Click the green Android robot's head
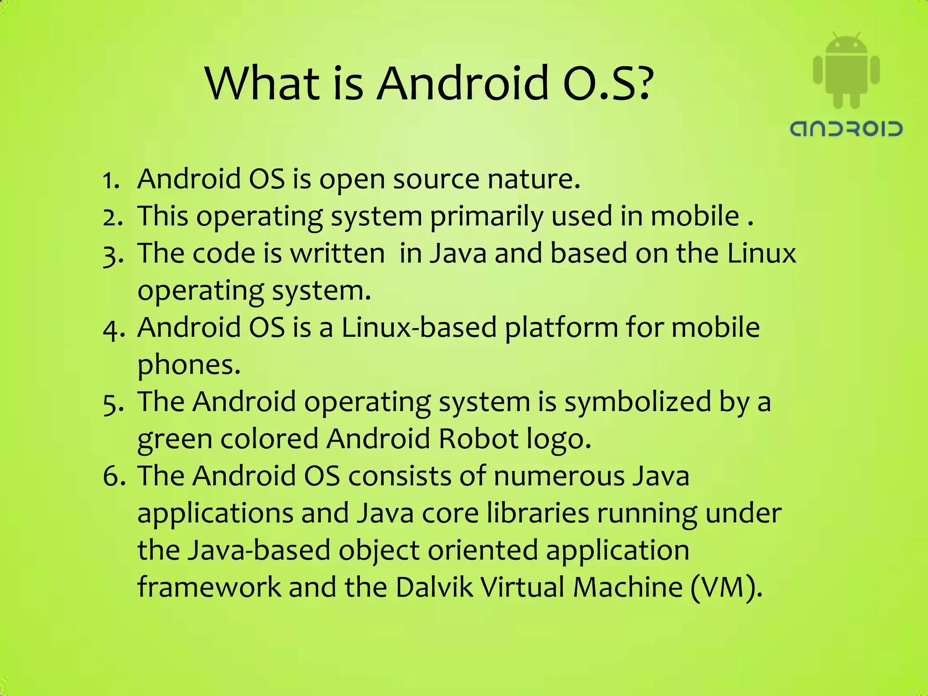tap(846, 45)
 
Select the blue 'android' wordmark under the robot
tap(846, 129)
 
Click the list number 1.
tap(110, 180)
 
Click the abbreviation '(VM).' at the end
tap(727, 587)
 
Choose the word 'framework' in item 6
tap(209, 587)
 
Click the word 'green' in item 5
tap(175, 440)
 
